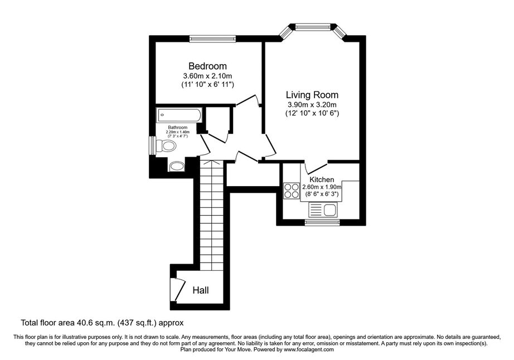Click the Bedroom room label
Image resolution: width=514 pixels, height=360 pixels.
[207, 66]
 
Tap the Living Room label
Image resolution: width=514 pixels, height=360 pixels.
[312, 95]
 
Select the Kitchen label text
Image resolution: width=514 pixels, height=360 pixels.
[322, 179]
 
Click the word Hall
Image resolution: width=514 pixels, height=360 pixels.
[201, 290]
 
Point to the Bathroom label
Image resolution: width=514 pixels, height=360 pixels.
[178, 128]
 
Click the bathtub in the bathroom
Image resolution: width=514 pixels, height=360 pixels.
[180, 115]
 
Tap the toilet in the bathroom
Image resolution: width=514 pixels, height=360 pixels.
[166, 145]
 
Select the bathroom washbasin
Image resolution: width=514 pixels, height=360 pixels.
[177, 167]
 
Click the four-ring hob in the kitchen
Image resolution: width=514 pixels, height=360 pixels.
[292, 191]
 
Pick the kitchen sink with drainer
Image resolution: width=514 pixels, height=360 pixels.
[323, 210]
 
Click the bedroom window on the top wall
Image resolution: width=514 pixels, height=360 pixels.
[212, 38]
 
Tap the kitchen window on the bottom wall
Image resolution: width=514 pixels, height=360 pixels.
[322, 223]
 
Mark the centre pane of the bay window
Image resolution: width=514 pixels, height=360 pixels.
[313, 27]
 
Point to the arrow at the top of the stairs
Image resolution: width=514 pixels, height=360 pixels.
[212, 162]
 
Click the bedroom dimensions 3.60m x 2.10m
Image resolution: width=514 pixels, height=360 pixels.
[207, 76]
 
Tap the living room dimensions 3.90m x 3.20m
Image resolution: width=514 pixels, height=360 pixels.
[312, 105]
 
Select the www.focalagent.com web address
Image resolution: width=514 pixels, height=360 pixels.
[309, 349]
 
